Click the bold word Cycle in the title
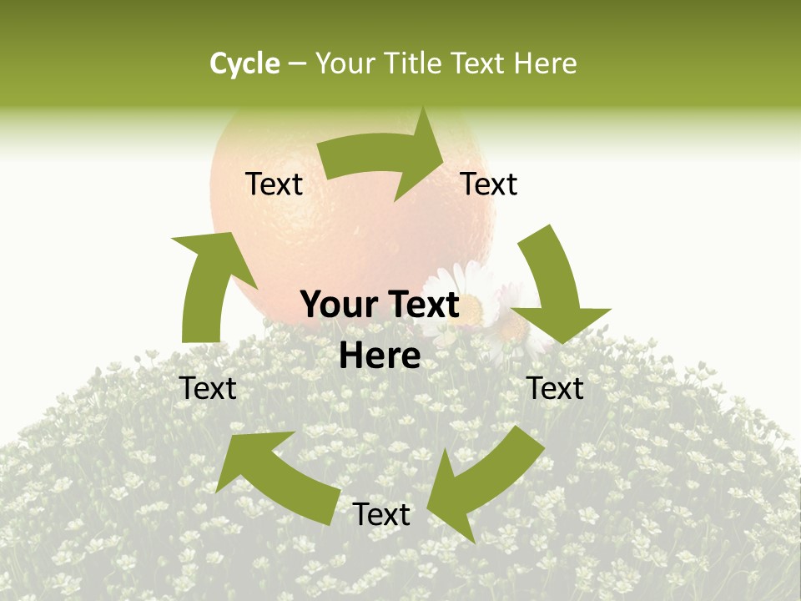pos(244,63)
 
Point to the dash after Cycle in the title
pos(297,64)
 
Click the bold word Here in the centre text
pos(380,356)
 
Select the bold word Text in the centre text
pos(421,306)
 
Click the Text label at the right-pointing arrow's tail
pos(274,184)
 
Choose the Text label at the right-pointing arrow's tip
pos(489,184)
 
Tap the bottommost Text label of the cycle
pos(381,515)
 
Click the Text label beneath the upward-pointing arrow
pos(209,388)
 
